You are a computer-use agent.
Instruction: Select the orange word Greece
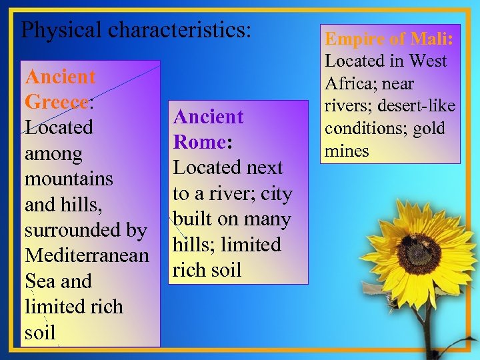coord(56,102)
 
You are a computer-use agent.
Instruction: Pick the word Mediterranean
coord(87,255)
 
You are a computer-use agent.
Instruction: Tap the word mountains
coord(69,179)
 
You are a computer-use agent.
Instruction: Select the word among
coord(53,154)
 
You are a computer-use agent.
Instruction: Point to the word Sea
coord(39,281)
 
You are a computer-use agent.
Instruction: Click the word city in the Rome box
coord(276,193)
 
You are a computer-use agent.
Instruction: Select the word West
coord(427,61)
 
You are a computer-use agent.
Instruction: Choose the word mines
coord(347,151)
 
